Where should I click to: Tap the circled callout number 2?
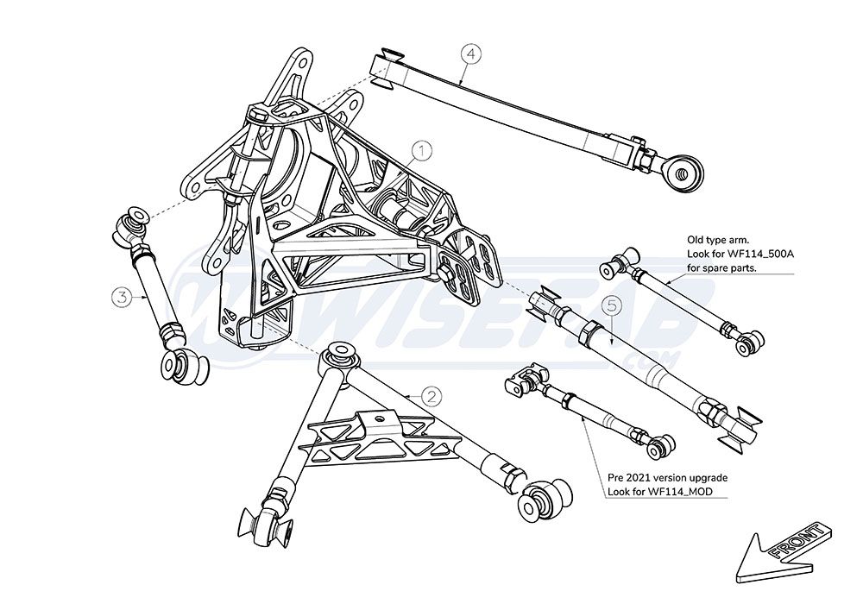pyautogui.click(x=431, y=396)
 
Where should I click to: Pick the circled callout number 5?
pyautogui.click(x=612, y=305)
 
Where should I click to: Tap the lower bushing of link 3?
pyautogui.click(x=180, y=366)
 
